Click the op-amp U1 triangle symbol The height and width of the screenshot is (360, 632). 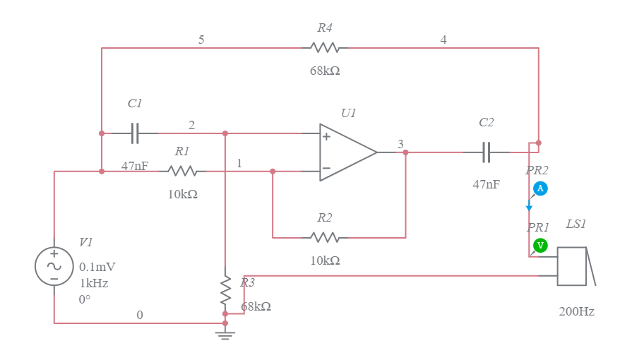[x=346, y=152]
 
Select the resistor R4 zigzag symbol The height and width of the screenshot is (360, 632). [x=325, y=48]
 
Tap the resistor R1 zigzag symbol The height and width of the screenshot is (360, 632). [x=182, y=171]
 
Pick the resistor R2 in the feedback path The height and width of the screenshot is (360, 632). [x=325, y=237]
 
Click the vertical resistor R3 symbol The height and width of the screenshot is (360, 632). [x=225, y=289]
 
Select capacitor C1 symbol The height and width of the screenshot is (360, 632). [x=135, y=133]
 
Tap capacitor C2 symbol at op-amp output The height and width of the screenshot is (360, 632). [x=486, y=152]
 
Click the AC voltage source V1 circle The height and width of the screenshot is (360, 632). [x=54, y=266]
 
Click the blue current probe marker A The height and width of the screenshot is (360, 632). [x=540, y=188]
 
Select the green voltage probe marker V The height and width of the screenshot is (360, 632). [x=540, y=245]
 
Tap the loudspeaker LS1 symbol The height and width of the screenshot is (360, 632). [x=573, y=266]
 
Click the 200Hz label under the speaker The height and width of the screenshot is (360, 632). [x=576, y=311]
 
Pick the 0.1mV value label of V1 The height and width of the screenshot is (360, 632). [x=97, y=268]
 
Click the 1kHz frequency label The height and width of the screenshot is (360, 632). [x=94, y=283]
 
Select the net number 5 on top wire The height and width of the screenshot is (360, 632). [x=201, y=40]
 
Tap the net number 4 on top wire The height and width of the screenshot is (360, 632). [x=443, y=40]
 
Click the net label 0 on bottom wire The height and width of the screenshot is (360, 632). [x=139, y=316]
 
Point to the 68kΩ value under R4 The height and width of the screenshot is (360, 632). [x=325, y=71]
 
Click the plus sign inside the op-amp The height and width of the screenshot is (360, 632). [x=327, y=136]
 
